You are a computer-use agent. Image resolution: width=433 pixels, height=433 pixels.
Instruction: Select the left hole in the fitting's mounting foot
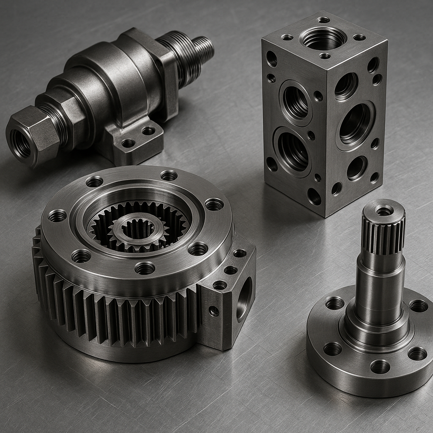pos(128,143)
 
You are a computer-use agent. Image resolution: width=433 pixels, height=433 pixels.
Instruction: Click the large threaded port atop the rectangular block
pos(323,38)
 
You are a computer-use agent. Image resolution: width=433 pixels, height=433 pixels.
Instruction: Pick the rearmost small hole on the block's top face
pos(323,20)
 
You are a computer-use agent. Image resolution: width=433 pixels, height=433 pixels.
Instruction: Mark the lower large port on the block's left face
pos(292,151)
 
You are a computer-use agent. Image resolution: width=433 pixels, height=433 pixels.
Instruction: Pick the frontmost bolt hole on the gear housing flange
pos(145,268)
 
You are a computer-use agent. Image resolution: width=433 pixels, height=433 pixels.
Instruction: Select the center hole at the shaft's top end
pos(384,210)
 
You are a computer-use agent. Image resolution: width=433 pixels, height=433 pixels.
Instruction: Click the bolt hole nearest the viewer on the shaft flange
pos(380,366)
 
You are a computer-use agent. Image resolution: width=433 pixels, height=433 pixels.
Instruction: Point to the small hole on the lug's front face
pos(214,311)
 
